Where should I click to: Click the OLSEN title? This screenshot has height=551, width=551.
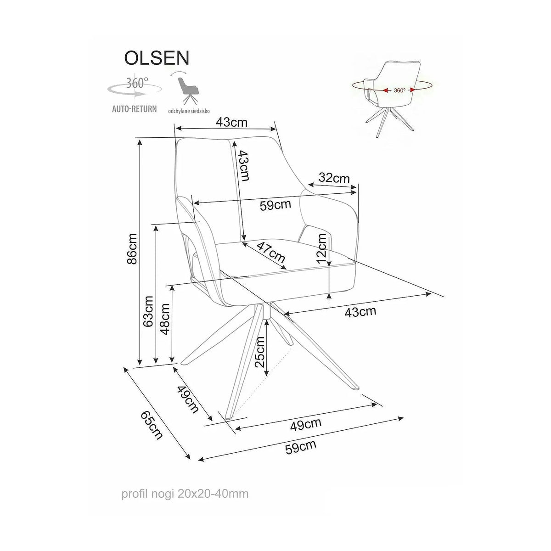tap(157, 58)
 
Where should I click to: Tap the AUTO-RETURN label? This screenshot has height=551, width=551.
tap(135, 109)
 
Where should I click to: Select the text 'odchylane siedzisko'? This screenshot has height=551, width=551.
tap(189, 112)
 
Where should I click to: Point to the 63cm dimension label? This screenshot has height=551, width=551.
tap(149, 312)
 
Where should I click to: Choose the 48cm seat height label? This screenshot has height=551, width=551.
tap(165, 319)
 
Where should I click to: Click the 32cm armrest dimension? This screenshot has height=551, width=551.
tap(334, 178)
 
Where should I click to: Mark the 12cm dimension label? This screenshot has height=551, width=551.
tap(322, 248)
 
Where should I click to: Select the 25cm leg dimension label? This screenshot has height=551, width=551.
tap(260, 352)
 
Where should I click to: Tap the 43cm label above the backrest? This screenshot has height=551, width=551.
tap(231, 123)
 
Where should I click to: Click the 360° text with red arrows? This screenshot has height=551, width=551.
tap(400, 90)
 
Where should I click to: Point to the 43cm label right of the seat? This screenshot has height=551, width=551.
tap(360, 312)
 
